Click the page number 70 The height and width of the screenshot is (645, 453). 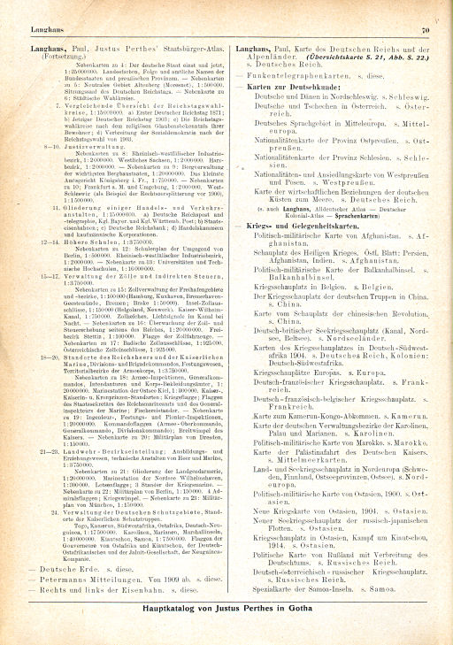pyautogui.click(x=425, y=8)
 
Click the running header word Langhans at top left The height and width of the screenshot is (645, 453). pyautogui.click(x=33, y=8)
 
